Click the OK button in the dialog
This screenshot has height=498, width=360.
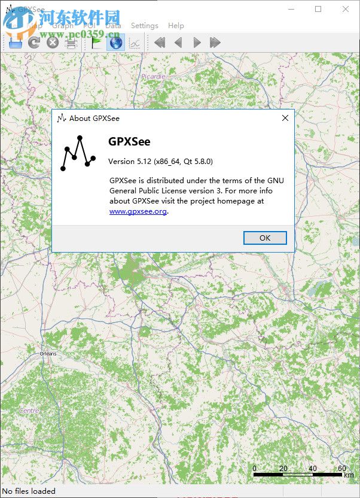[x=265, y=238]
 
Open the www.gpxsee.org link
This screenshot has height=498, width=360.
[x=138, y=211]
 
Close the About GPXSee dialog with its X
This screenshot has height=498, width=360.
[x=285, y=118]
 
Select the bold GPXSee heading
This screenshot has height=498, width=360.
[x=129, y=142]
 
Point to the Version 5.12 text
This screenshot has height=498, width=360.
[x=160, y=162]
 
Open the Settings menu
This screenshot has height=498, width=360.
[x=144, y=26]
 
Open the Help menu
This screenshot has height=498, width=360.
[x=176, y=26]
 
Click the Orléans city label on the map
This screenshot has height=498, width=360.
[x=48, y=354]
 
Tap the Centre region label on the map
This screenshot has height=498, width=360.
[x=29, y=411]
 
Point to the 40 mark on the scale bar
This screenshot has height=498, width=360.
[x=313, y=468]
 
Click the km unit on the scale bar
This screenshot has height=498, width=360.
[x=348, y=475]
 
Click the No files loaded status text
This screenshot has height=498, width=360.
[x=29, y=491]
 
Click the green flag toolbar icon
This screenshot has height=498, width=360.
[x=96, y=42]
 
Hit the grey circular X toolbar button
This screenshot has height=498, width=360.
[x=53, y=42]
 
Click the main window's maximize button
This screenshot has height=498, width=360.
[x=318, y=9]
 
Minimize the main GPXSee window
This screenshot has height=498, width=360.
[x=291, y=9]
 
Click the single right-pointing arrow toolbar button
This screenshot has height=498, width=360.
[x=197, y=42]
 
